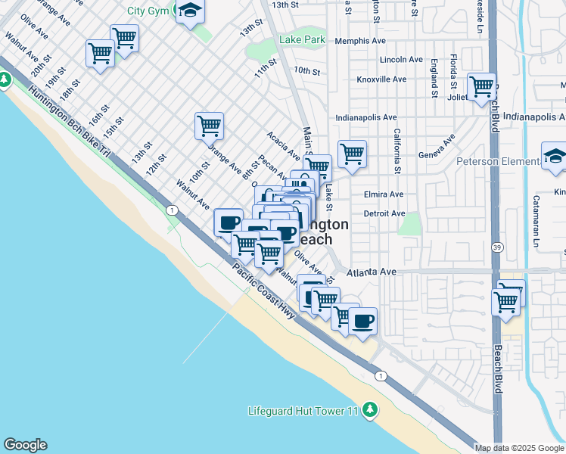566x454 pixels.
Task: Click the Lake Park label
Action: tap(301, 39)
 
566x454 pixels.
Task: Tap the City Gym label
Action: tap(147, 11)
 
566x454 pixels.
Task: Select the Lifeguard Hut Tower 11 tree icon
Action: tap(369, 409)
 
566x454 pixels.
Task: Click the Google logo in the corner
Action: tap(25, 445)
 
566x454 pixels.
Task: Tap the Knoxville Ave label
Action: tap(381, 79)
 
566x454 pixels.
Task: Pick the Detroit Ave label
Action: tap(384, 213)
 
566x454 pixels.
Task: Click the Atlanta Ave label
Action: tap(372, 272)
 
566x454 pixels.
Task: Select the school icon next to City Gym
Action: tap(190, 11)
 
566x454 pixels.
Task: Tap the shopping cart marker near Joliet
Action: tap(481, 87)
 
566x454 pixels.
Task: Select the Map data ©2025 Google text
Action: tap(520, 448)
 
